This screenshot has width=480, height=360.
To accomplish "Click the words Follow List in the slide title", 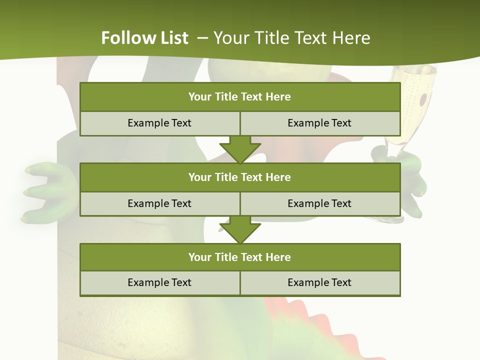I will [x=145, y=38].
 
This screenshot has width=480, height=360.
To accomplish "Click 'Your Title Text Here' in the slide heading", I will [x=292, y=38].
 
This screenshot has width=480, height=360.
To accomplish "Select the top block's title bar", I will [x=239, y=97].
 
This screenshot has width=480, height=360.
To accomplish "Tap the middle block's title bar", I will [x=239, y=177].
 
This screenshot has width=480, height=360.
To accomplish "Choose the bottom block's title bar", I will [x=239, y=257].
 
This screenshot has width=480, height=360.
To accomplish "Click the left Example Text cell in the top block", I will [x=159, y=123].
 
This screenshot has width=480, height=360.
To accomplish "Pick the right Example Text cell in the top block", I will [x=319, y=123].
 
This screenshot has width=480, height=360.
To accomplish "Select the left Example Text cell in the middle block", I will [x=159, y=203].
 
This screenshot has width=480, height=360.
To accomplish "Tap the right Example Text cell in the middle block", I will [x=319, y=203].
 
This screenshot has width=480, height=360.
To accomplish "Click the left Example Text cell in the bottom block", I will [x=159, y=282].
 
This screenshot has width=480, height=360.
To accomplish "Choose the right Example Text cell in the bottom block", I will [x=319, y=282].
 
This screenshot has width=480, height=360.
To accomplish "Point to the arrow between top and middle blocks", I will [x=240, y=149].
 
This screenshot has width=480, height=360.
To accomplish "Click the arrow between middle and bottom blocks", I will [x=240, y=229].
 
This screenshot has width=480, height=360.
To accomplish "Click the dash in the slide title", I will [x=202, y=38].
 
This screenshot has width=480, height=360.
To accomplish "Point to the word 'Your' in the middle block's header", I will [x=199, y=177].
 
